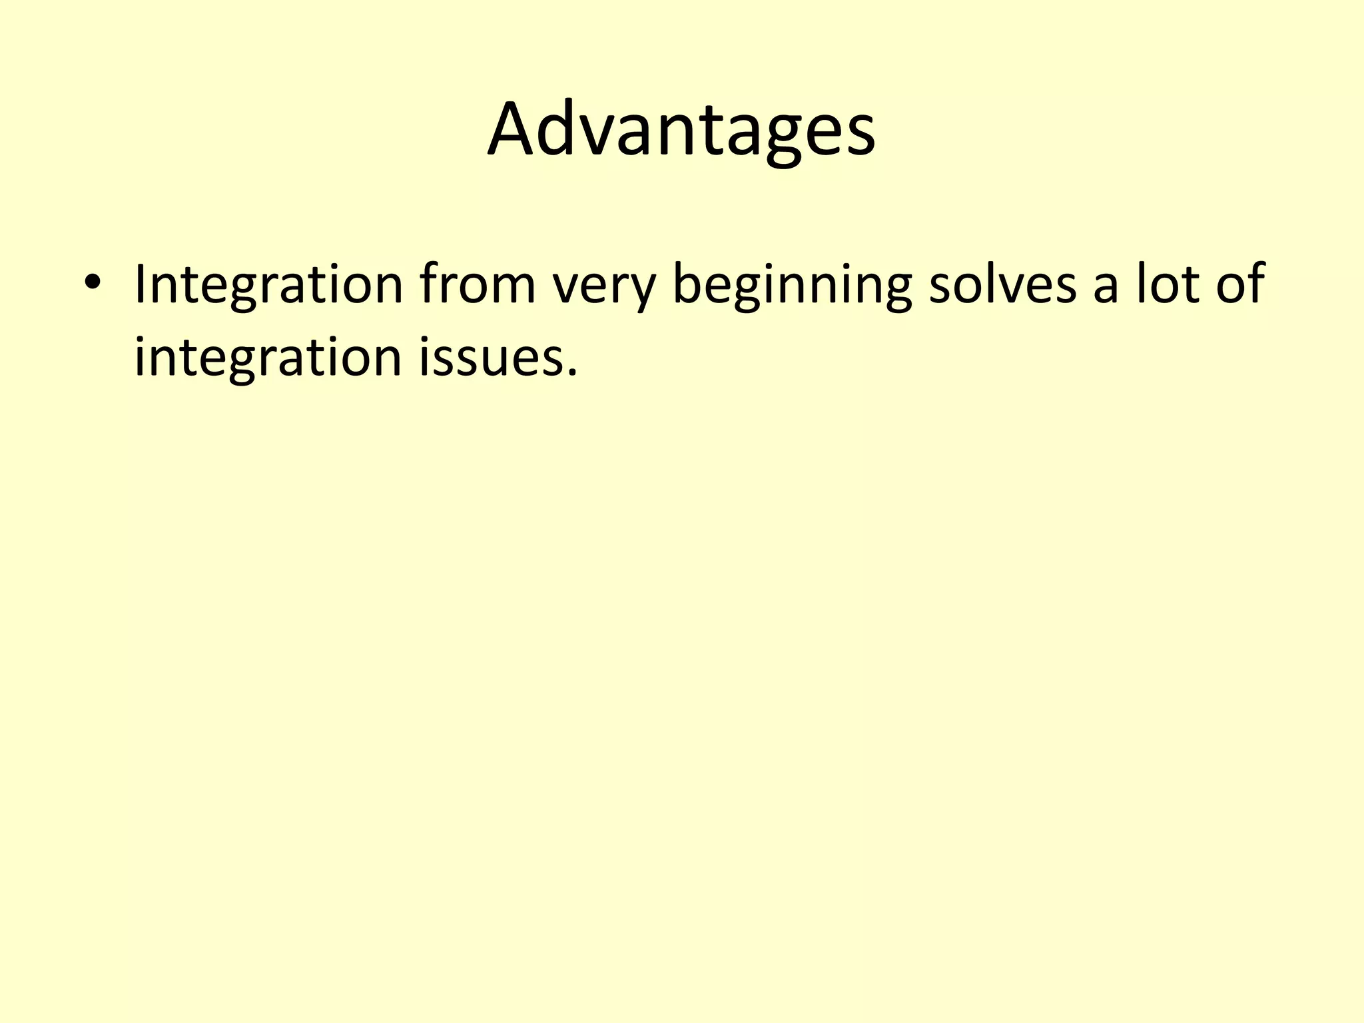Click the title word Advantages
(x=681, y=129)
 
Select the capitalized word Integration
(x=268, y=285)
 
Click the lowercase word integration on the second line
(x=268, y=358)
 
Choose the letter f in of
(x=1255, y=282)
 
